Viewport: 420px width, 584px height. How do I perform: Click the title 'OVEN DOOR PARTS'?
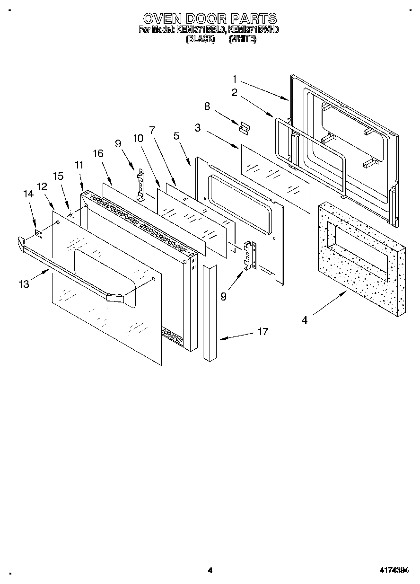pos(210,18)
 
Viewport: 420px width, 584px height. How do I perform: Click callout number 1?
pos(235,79)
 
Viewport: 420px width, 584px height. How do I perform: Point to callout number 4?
pos(305,320)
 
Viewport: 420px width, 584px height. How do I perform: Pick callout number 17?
pos(262,332)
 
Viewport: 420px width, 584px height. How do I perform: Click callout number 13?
pos(24,284)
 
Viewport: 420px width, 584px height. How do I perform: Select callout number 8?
pos(207,106)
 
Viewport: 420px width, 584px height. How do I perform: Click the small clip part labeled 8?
pos(245,127)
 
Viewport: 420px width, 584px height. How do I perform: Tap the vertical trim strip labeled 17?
pos(209,312)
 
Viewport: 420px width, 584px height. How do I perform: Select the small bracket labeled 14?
pos(39,233)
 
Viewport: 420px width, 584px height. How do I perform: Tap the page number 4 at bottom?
pos(210,570)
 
